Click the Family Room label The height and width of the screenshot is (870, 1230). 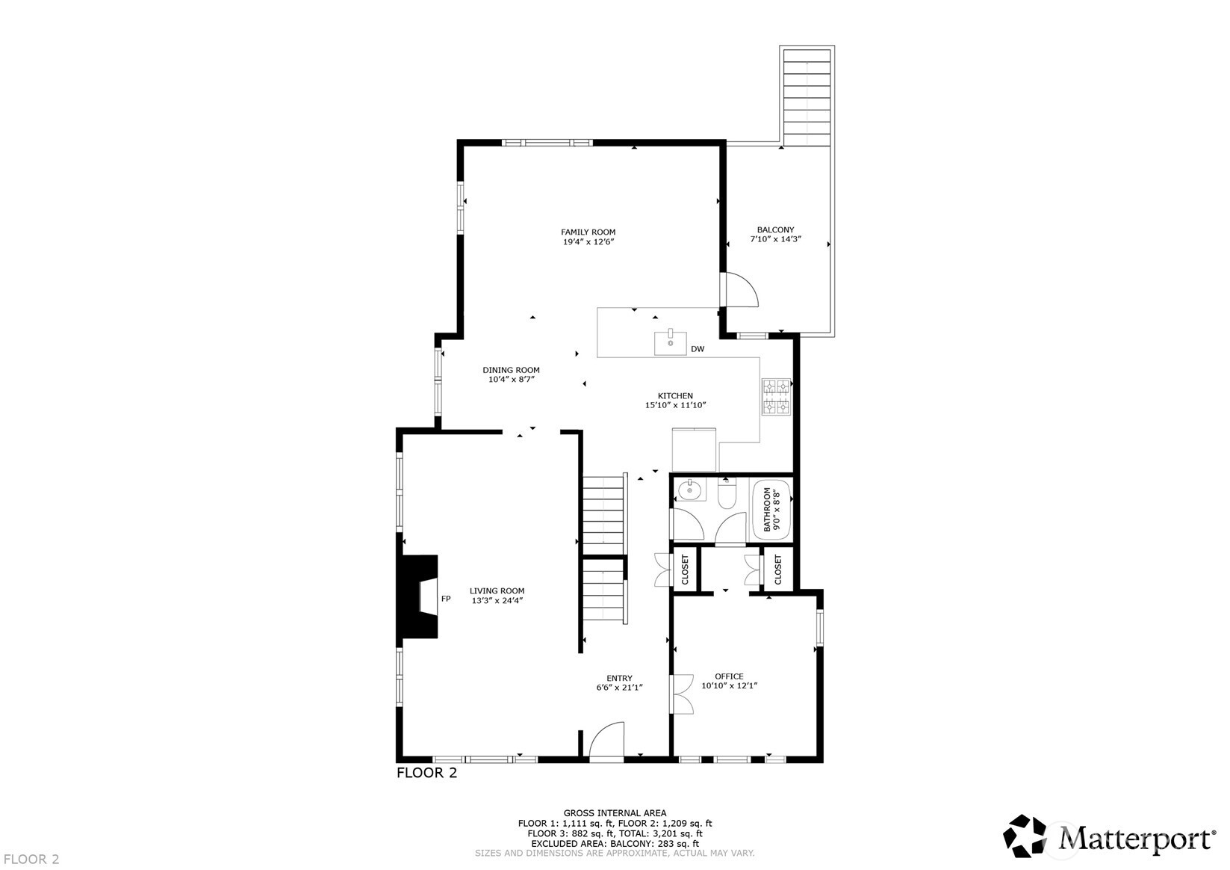pyautogui.click(x=588, y=232)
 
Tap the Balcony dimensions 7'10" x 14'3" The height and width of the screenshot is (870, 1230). pyautogui.click(x=775, y=240)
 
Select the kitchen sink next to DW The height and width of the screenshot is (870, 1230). pyautogui.click(x=671, y=342)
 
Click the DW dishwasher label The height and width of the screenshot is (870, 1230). pyautogui.click(x=698, y=349)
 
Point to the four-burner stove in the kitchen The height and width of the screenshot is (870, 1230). pyautogui.click(x=775, y=397)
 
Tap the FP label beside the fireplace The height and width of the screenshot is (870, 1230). pyautogui.click(x=446, y=599)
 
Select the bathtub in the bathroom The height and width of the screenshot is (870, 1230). pyautogui.click(x=770, y=509)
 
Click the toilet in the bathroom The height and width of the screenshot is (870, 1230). pyautogui.click(x=727, y=494)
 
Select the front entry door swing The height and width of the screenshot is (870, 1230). pyautogui.click(x=606, y=740)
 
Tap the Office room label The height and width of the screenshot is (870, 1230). pyautogui.click(x=729, y=676)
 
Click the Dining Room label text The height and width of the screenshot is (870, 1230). pyautogui.click(x=511, y=370)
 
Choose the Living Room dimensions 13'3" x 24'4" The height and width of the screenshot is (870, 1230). pyautogui.click(x=497, y=600)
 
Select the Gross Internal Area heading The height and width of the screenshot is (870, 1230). pyautogui.click(x=615, y=813)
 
